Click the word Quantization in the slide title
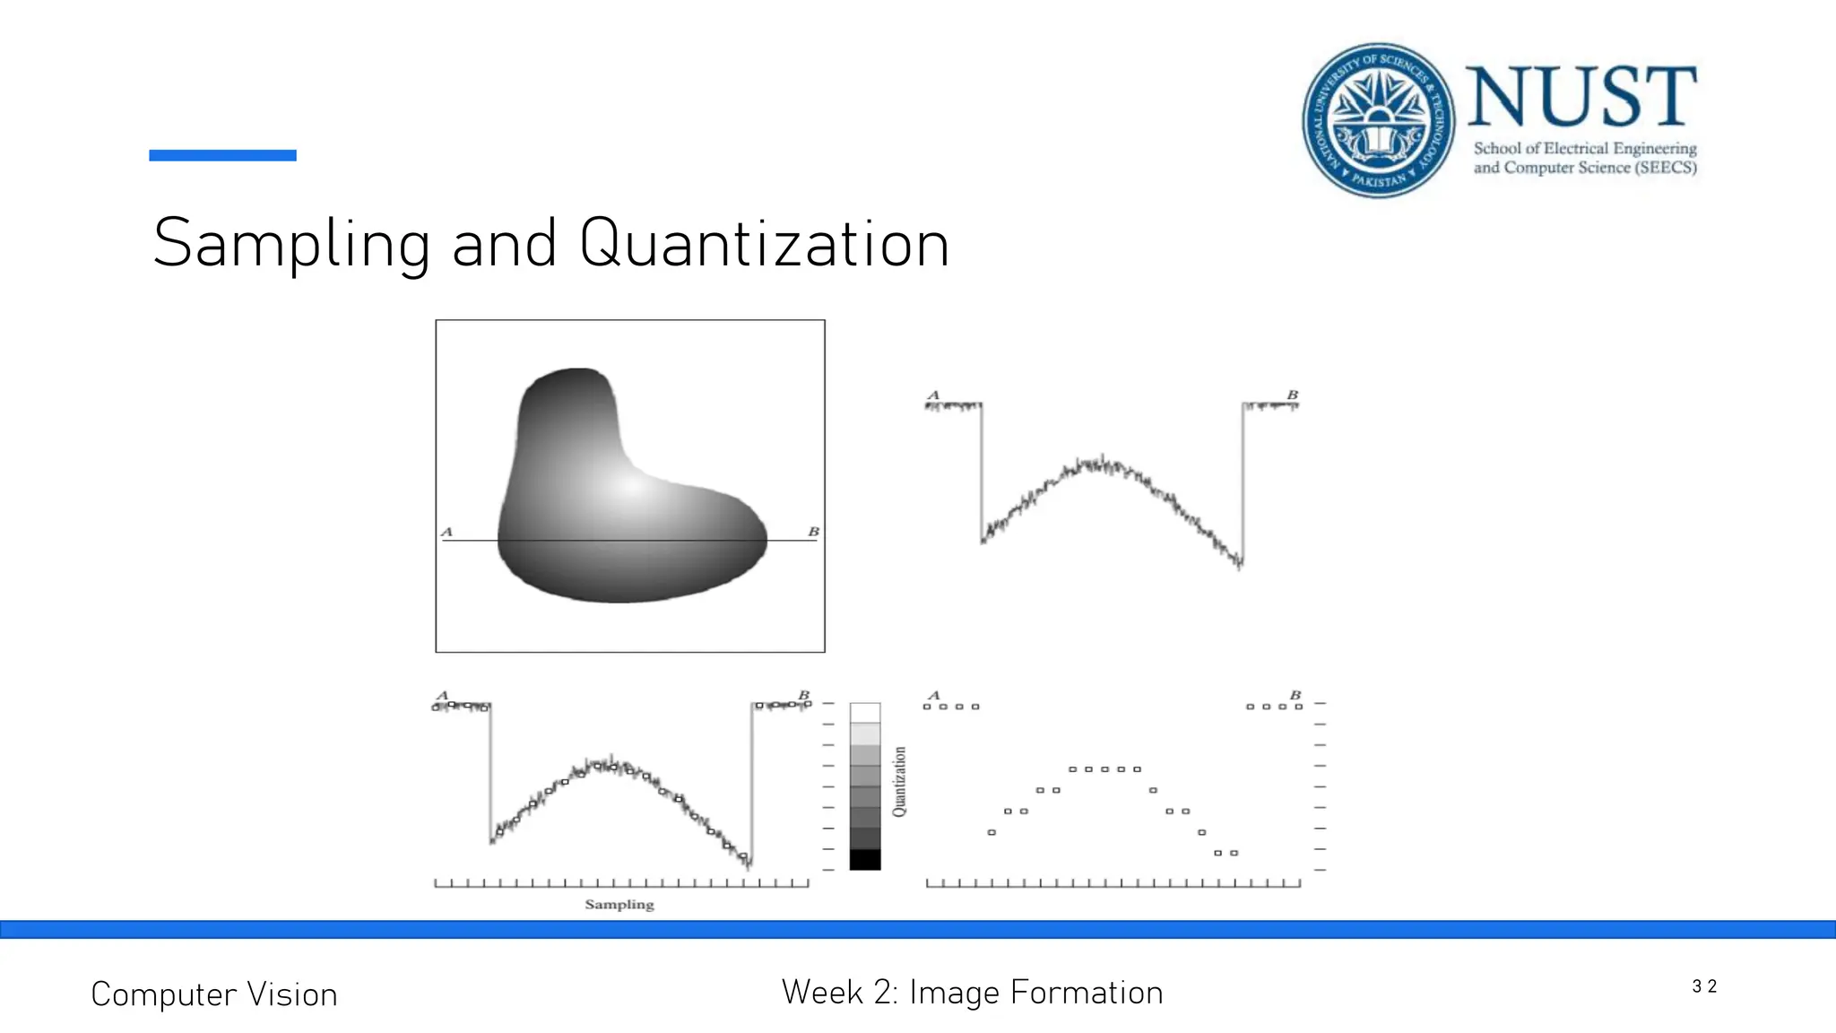click(764, 244)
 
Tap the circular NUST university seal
click(1378, 120)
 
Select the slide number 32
click(1703, 986)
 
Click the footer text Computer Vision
click(214, 994)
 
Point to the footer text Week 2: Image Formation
click(972, 993)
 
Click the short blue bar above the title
click(222, 155)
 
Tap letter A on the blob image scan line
click(447, 532)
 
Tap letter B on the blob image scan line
click(813, 532)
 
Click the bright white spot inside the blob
click(631, 487)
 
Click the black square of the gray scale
click(865, 859)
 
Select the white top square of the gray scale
click(865, 713)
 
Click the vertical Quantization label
click(899, 781)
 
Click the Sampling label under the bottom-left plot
click(619, 904)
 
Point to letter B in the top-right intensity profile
click(1292, 395)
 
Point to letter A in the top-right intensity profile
click(933, 395)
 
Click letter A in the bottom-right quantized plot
click(933, 695)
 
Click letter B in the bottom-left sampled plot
click(803, 695)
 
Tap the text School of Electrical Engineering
click(1585, 148)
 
